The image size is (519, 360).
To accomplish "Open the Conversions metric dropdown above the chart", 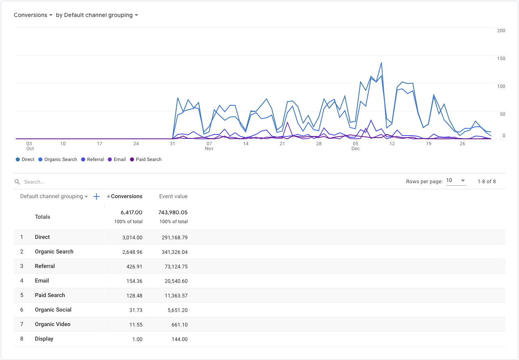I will (33, 15).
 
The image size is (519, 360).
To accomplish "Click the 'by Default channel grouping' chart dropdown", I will (97, 15).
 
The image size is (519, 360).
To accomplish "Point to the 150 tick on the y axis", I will (500, 59).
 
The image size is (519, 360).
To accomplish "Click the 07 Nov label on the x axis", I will (209, 146).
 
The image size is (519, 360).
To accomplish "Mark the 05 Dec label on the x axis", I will (355, 146).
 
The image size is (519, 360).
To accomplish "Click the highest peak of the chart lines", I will (381, 63).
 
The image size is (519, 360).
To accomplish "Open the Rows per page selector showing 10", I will (456, 181).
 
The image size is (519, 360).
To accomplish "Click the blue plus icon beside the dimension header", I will (96, 197).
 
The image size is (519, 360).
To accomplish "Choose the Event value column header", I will (173, 197).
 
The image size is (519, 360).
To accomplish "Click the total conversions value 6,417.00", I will (132, 212).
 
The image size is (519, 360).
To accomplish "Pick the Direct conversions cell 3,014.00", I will (132, 237).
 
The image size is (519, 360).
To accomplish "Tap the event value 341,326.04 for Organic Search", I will (173, 252).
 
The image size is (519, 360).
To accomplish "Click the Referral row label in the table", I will (45, 266).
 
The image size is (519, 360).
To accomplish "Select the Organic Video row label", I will (52, 324).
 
